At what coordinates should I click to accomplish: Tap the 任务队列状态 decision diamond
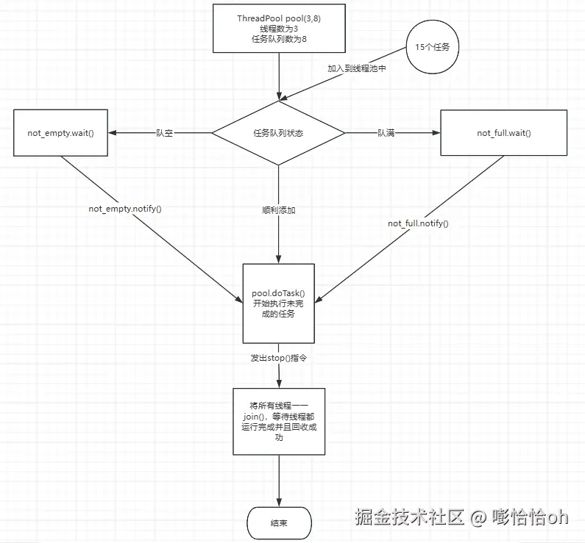(278, 133)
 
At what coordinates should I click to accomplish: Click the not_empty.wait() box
(61, 133)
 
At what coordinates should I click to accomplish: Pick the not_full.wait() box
(503, 133)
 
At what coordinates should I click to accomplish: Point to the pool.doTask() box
(278, 303)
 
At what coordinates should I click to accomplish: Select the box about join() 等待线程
(278, 420)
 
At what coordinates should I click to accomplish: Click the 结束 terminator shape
(278, 522)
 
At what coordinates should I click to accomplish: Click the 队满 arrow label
(386, 133)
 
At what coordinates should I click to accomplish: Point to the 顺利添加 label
(278, 210)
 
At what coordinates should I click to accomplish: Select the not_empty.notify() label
(125, 209)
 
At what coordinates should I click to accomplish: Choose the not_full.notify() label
(418, 223)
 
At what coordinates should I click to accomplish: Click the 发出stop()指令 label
(278, 358)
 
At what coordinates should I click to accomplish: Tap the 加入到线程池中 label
(356, 68)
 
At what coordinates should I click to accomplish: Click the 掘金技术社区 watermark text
(409, 517)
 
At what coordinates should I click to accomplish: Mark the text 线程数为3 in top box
(278, 28)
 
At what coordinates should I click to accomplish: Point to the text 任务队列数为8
(278, 38)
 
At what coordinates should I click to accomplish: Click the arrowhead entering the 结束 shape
(278, 502)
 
